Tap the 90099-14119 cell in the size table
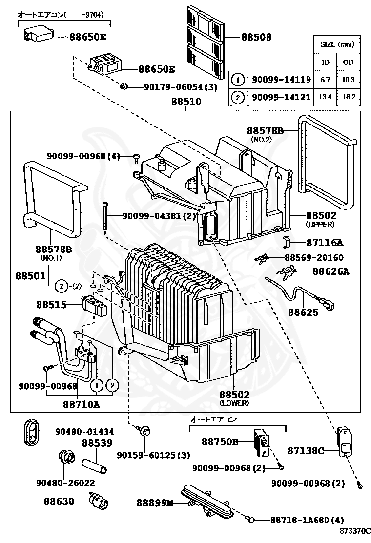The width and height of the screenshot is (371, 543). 281,79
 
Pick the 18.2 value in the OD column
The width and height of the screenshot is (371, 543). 349,97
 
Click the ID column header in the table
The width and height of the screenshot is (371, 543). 325,62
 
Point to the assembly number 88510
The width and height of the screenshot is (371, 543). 186,102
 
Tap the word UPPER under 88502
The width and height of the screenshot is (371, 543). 320,224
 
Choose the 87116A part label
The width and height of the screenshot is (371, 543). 325,243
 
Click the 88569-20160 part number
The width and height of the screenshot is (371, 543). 314,257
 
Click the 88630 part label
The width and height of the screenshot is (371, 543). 59,501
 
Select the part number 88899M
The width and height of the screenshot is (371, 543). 155,503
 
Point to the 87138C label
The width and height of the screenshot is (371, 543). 305,450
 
